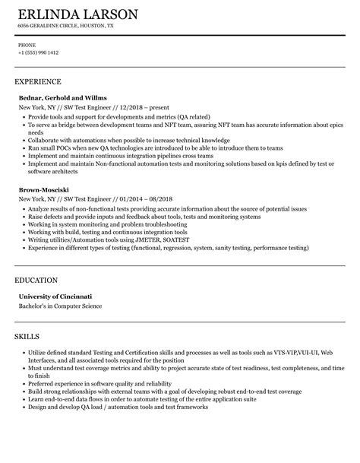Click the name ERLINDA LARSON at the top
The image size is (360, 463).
(x=79, y=14)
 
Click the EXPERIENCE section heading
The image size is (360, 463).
(x=38, y=81)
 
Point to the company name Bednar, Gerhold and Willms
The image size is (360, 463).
(x=63, y=98)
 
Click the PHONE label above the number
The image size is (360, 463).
(x=26, y=45)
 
